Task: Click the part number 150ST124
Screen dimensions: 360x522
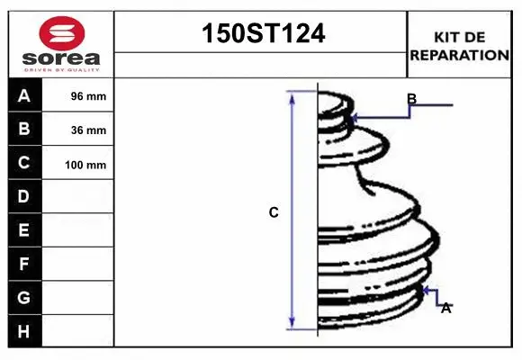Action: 261,34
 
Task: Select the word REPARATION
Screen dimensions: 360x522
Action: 460,55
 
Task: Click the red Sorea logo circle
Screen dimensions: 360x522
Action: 61,34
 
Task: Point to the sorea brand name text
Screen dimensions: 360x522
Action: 61,58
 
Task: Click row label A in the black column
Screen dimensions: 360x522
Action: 24,95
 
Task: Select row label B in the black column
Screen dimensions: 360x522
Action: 24,130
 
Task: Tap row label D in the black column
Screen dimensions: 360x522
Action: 24,196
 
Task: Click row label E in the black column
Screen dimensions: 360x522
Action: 24,230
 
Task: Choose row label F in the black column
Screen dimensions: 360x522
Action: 24,264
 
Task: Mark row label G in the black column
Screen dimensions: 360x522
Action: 24,297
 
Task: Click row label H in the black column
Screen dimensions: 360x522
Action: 24,331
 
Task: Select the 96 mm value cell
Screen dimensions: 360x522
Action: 88,96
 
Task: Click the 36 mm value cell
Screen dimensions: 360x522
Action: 88,130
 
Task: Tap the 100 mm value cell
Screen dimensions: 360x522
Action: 86,165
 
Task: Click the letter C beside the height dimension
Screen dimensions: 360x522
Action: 274,213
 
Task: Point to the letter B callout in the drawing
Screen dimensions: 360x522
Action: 411,99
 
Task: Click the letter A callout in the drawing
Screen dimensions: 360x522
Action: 445,308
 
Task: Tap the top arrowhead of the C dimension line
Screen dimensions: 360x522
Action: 292,96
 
